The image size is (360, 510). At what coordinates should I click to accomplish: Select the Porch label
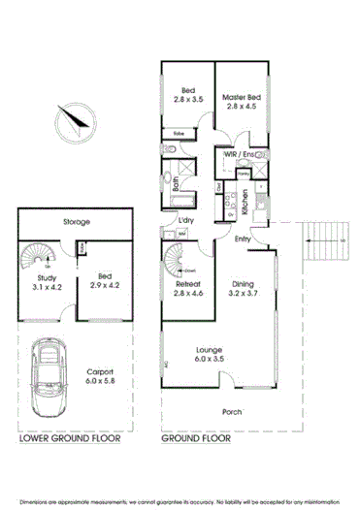pos(230,411)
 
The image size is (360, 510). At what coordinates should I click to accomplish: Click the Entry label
pos(243,238)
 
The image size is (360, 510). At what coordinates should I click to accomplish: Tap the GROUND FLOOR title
pos(199,438)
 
